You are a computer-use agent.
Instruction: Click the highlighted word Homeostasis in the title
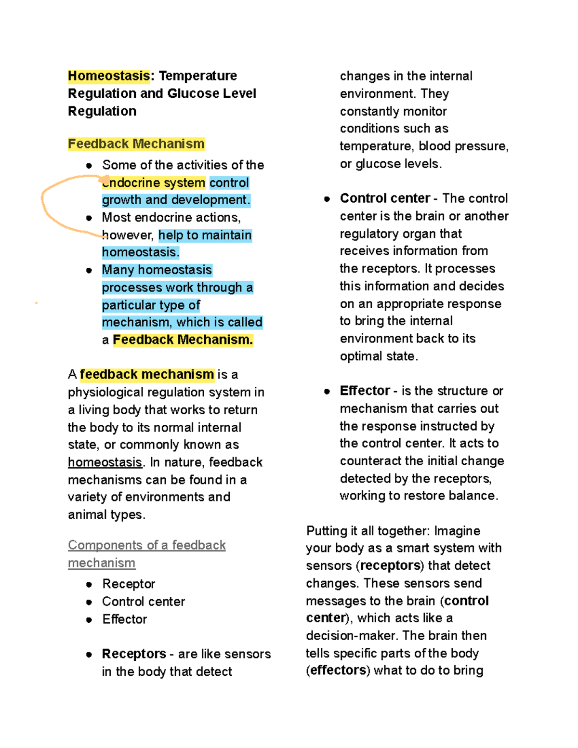(109, 76)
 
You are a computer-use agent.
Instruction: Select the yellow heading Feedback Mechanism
(136, 144)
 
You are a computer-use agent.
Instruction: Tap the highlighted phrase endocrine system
(154, 183)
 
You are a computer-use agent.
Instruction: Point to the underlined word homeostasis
(105, 462)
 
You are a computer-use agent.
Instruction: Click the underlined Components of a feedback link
(146, 545)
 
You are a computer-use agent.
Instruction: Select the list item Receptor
(129, 584)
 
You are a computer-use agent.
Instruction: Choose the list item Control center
(144, 602)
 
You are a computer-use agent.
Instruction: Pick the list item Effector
(125, 619)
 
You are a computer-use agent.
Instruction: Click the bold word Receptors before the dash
(134, 654)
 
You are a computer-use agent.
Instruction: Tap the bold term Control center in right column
(385, 198)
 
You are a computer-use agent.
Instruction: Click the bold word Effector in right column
(365, 391)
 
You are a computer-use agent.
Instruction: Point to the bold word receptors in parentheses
(390, 565)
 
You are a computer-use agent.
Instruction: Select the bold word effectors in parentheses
(338, 670)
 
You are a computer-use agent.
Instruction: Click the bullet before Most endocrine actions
(89, 218)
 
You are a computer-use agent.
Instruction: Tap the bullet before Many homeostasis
(89, 270)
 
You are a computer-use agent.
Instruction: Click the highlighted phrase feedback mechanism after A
(147, 374)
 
